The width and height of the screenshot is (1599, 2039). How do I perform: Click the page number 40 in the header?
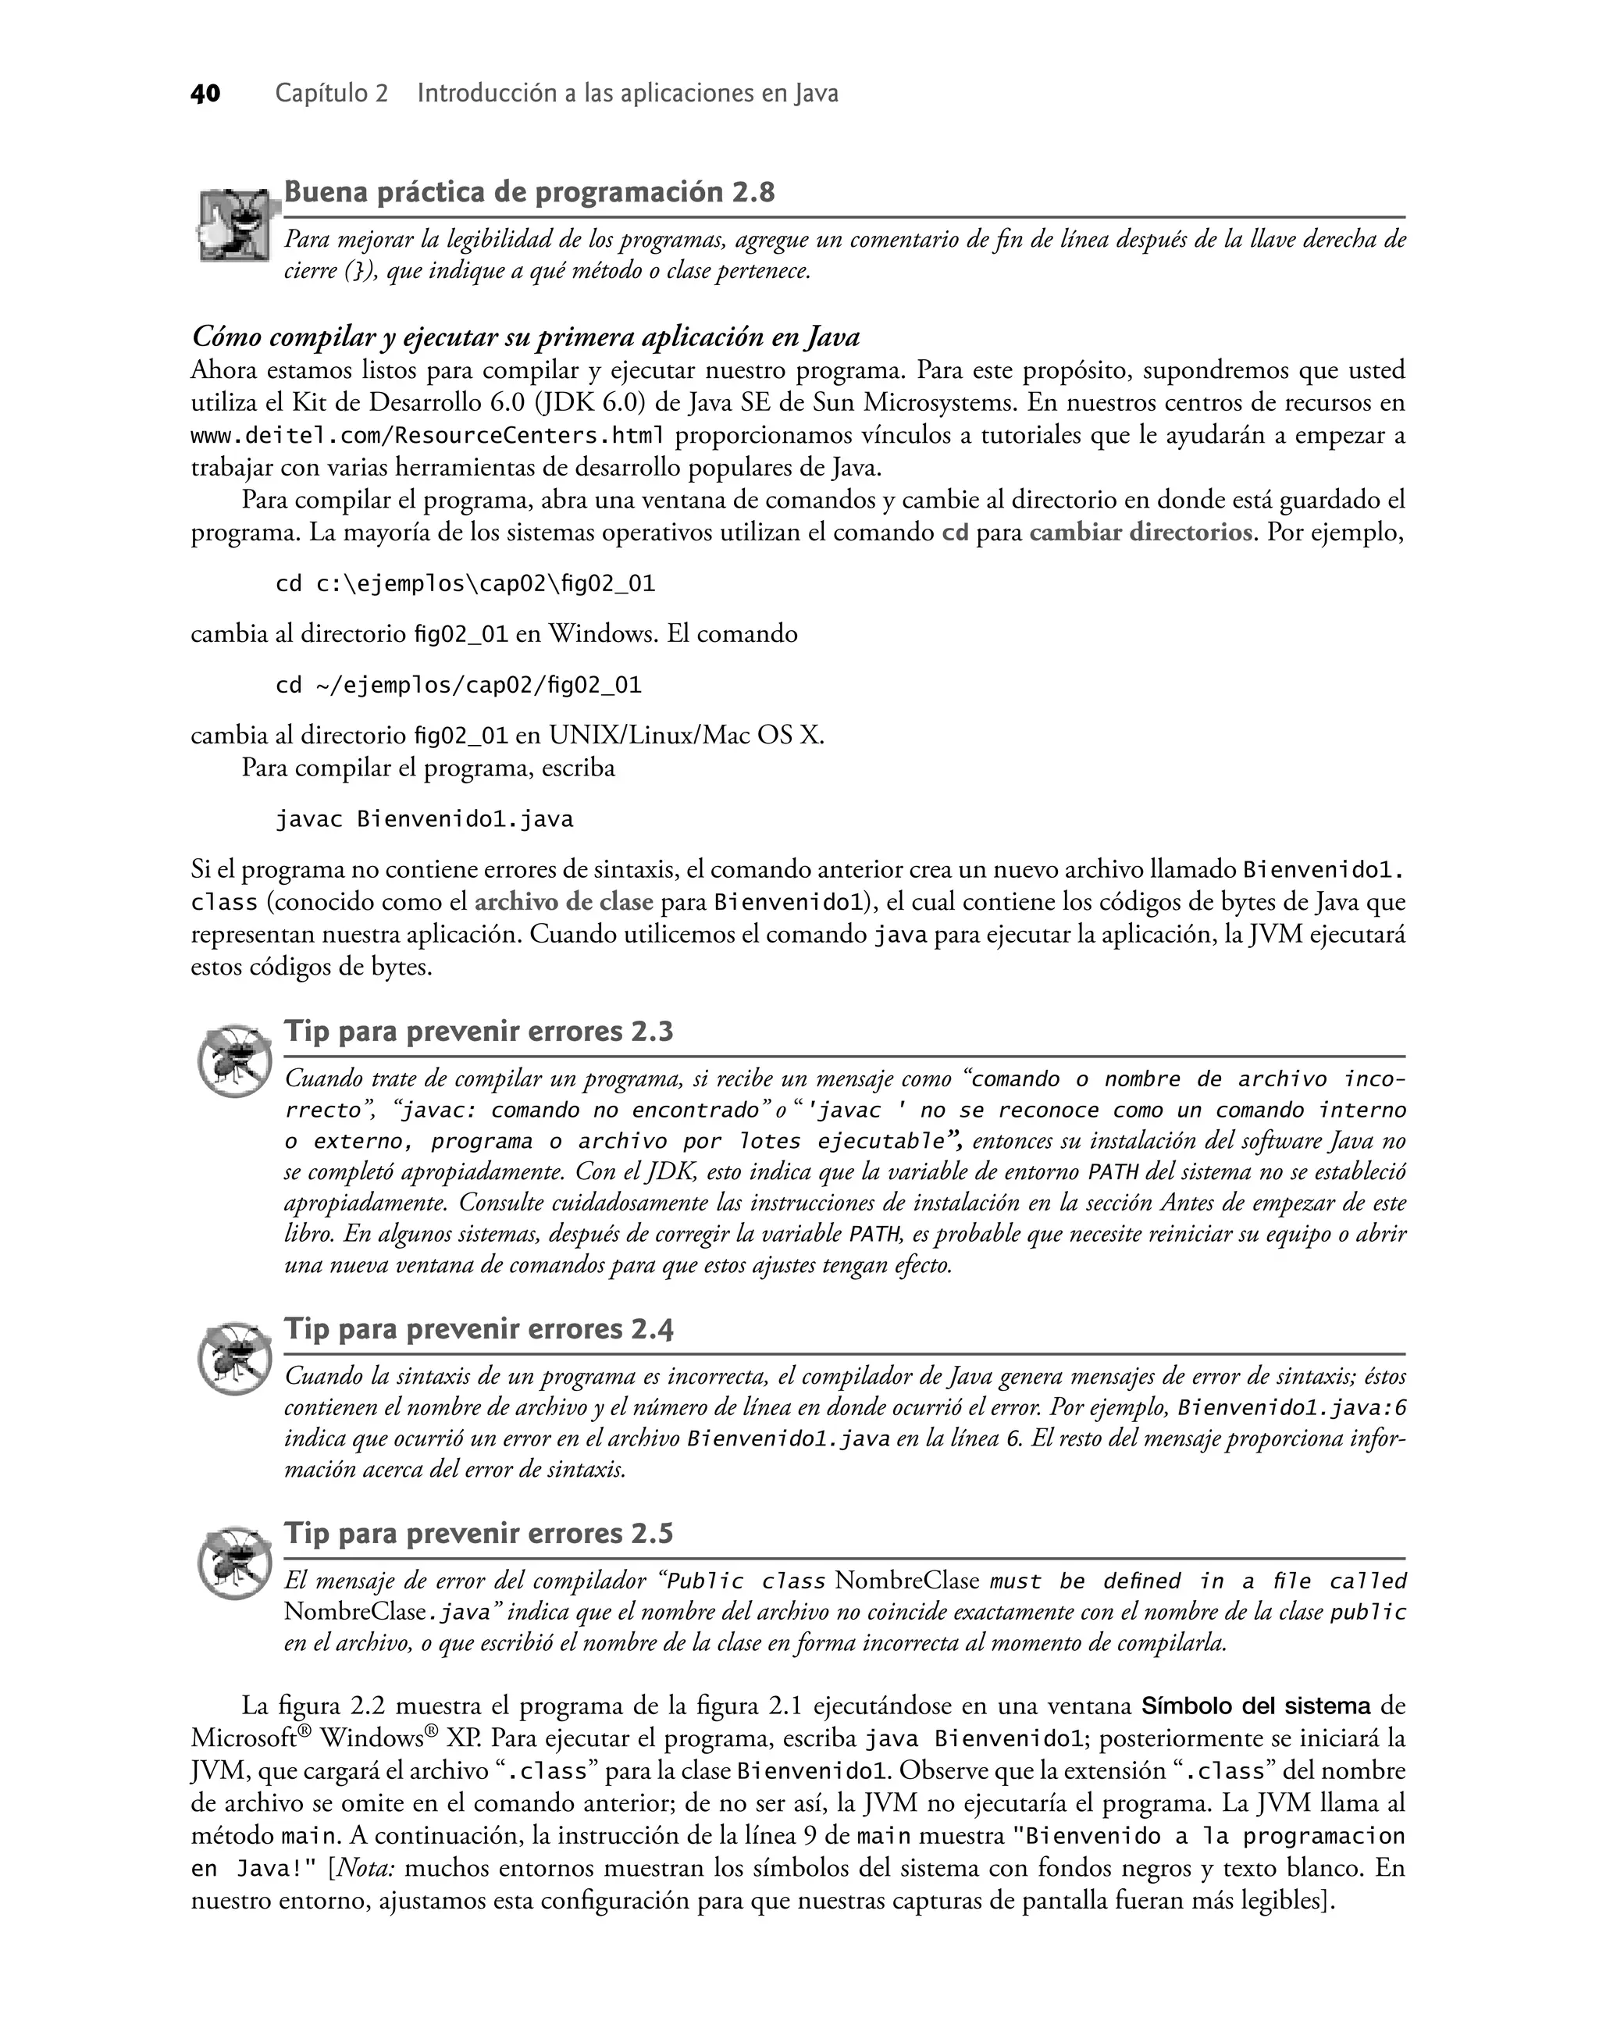[206, 94]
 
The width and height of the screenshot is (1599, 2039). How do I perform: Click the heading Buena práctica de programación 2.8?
[529, 193]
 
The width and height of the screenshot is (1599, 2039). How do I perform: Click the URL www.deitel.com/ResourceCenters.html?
[428, 435]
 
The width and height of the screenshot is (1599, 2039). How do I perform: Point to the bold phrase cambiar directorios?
[1140, 533]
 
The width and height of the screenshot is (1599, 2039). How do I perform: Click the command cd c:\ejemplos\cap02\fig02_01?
[465, 584]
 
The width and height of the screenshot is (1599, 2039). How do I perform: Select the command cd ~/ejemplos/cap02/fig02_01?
[459, 686]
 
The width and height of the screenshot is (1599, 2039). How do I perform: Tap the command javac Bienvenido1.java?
[424, 820]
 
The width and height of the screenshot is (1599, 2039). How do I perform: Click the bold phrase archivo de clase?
[564, 903]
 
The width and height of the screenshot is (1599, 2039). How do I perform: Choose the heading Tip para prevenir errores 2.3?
[479, 1032]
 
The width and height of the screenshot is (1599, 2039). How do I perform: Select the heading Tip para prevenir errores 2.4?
[479, 1329]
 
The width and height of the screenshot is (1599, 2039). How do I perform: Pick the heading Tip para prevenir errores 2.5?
[479, 1534]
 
